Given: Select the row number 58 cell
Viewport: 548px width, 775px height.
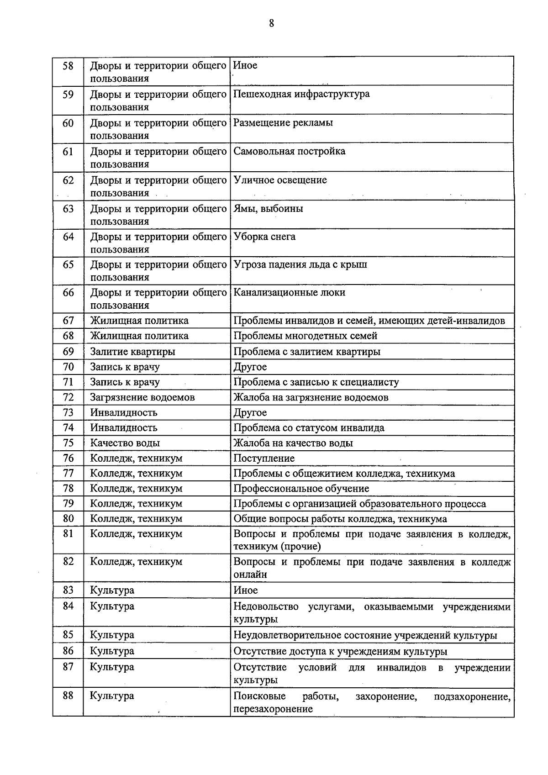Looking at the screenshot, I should pos(68,66).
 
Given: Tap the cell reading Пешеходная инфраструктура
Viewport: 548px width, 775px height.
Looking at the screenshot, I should pos(301,95).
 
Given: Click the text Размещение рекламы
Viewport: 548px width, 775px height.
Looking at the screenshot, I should pos(283,123).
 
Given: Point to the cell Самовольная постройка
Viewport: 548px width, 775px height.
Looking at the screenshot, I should pos(289,152).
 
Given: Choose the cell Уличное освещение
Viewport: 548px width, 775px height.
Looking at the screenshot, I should pos(280,180).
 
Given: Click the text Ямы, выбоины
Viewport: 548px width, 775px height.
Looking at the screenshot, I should pos(268,209).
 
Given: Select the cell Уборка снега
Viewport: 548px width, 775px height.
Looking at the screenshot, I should pos(264,237).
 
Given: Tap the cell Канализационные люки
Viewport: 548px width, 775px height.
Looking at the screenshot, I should pos(289,293).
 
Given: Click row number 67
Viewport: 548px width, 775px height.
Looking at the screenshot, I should pos(68,321).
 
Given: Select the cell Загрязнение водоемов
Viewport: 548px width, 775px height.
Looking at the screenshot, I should pos(142,397).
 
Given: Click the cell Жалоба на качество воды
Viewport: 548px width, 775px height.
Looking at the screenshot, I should pos(293,443).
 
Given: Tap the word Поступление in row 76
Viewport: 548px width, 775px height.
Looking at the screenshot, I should pos(264,458).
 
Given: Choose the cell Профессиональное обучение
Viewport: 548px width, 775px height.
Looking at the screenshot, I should pos(301,489).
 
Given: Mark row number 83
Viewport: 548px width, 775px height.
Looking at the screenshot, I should pos(68,590).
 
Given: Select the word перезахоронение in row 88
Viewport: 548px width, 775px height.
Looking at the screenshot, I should pos(273,709).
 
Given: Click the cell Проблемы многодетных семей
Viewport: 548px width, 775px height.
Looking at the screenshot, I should pos(306,336).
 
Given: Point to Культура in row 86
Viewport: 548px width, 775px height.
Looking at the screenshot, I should pos(112,651).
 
